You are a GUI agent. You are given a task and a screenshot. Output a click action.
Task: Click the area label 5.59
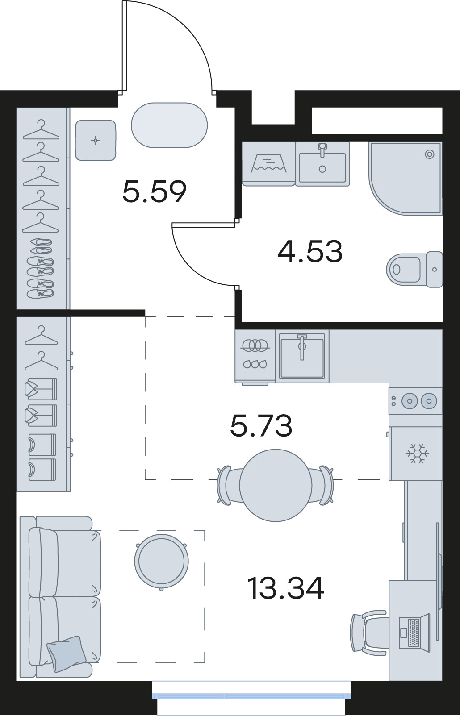(x=154, y=191)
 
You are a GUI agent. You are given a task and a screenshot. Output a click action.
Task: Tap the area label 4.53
(x=310, y=252)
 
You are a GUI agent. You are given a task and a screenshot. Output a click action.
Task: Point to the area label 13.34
(x=286, y=588)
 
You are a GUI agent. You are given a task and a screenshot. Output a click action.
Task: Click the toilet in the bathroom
(x=414, y=269)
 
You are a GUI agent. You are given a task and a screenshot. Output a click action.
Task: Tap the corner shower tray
(x=406, y=178)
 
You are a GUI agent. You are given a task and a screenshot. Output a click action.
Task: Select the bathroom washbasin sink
(x=322, y=164)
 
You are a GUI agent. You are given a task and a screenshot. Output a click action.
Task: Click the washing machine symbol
(x=268, y=164)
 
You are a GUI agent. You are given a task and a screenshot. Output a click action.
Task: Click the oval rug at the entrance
(x=169, y=125)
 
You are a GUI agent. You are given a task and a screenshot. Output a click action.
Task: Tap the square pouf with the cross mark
(x=95, y=140)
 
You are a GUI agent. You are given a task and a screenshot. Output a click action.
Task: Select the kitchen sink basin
(x=302, y=355)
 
